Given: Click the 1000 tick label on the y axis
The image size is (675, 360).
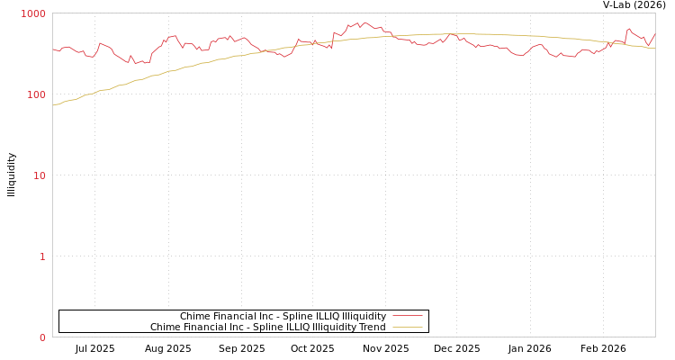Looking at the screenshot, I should click(x=33, y=13).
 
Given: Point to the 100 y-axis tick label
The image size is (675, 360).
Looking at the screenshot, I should click(x=35, y=94).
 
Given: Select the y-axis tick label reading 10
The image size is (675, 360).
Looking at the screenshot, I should click(x=39, y=175).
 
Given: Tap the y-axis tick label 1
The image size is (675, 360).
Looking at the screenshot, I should click(x=41, y=256).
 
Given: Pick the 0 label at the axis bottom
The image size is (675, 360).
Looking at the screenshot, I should click(x=41, y=337).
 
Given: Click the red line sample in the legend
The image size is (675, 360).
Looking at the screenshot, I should click(x=407, y=316).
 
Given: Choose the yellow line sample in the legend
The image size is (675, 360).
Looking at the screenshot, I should click(x=407, y=327).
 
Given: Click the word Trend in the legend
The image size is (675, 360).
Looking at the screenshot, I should click(x=372, y=327).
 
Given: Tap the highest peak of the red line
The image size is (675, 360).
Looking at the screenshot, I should click(x=365, y=22).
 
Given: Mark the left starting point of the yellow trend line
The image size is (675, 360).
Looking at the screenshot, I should click(x=53, y=105).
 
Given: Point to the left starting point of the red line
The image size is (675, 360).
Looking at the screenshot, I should click(x=53, y=49).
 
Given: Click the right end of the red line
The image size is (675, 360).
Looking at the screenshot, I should click(x=654, y=33).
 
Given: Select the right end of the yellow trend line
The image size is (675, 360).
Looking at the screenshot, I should click(x=654, y=48).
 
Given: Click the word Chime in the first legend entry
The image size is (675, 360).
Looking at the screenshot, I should click(x=194, y=316).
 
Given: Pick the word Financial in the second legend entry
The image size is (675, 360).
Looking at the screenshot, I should click(x=205, y=327).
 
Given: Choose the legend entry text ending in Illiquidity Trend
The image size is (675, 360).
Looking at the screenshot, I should click(x=267, y=327).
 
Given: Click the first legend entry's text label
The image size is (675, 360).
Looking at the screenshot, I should click(x=283, y=316).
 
